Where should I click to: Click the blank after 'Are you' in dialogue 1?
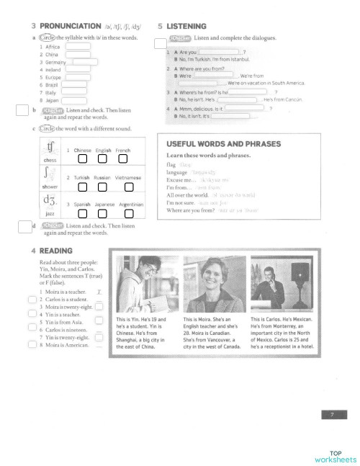click(x=218, y=52)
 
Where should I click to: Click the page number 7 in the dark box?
click(x=331, y=414)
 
